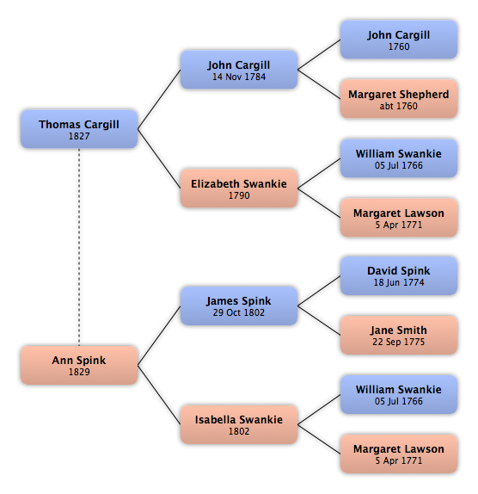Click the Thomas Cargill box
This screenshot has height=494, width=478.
[79, 129]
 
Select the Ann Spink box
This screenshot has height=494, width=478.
[79, 365]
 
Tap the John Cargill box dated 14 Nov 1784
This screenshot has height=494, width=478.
[239, 70]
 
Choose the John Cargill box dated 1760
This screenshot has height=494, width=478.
[399, 40]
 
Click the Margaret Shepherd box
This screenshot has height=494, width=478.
[399, 99]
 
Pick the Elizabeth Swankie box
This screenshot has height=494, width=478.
[239, 188]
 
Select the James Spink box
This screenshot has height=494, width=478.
[239, 306]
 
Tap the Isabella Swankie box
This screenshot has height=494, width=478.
[239, 424]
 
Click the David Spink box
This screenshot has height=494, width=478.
[399, 275]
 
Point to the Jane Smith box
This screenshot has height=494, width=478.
[399, 335]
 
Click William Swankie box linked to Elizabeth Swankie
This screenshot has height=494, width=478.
[399, 158]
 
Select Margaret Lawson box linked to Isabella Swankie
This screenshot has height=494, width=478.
[399, 454]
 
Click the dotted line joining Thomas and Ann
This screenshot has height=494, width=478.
[79, 247]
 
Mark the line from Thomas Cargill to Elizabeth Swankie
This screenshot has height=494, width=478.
[159, 158]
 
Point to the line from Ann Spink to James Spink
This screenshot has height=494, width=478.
[159, 336]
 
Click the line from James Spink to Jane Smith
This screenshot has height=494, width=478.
[319, 320]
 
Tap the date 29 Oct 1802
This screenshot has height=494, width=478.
[239, 312]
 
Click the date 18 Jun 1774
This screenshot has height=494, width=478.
[399, 282]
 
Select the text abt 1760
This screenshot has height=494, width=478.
[399, 106]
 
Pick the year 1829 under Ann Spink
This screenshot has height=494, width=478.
[79, 372]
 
